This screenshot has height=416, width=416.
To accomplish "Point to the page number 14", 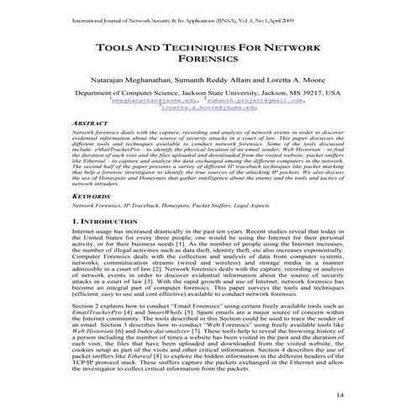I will pyautogui.click(x=340, y=394).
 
